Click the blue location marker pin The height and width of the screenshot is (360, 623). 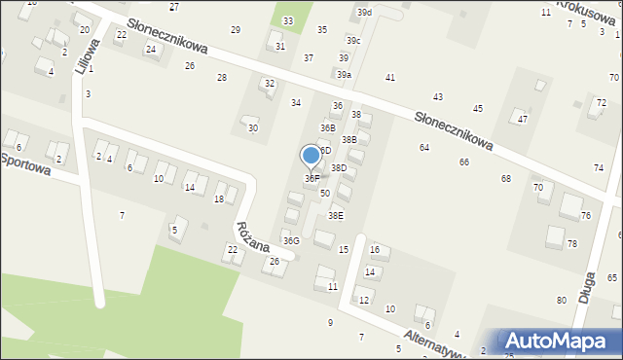(x=311, y=155)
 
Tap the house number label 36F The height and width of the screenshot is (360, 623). (x=311, y=179)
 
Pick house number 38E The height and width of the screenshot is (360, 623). (x=335, y=216)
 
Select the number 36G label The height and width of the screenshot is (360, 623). (x=290, y=240)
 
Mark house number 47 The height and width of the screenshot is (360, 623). (x=523, y=119)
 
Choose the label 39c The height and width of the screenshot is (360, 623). (x=353, y=41)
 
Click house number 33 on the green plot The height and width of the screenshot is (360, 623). (x=287, y=20)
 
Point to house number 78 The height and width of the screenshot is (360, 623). (x=571, y=243)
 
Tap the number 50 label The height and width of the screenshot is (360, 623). (x=325, y=194)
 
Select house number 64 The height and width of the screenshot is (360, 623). (x=424, y=147)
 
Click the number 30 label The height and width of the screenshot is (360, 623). (x=253, y=128)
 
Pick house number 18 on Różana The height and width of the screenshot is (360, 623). (x=218, y=199)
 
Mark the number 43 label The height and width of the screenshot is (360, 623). (x=438, y=96)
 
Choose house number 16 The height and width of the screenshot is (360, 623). (x=374, y=250)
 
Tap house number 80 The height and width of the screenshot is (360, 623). (x=562, y=300)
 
